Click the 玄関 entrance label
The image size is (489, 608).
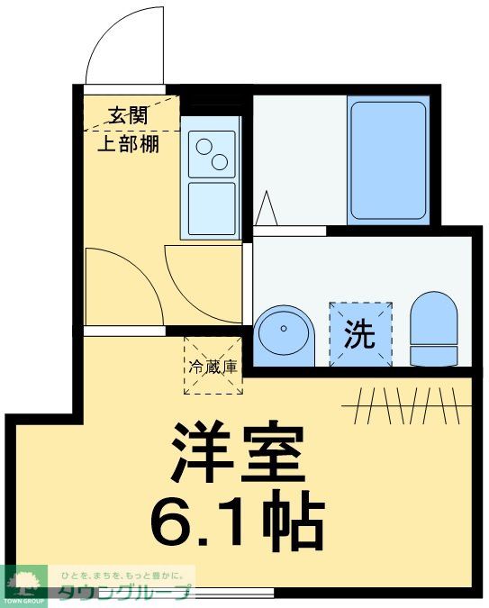pos(128,115)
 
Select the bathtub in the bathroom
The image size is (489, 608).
pos(387,160)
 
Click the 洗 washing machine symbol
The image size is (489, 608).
pos(360,335)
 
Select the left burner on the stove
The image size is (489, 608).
pos(204,147)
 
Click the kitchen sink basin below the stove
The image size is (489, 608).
pos(212,207)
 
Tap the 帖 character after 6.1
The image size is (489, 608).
pos(295,522)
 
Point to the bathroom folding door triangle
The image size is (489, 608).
pos(266,209)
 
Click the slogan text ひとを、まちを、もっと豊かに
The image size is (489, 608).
pos(126,574)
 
